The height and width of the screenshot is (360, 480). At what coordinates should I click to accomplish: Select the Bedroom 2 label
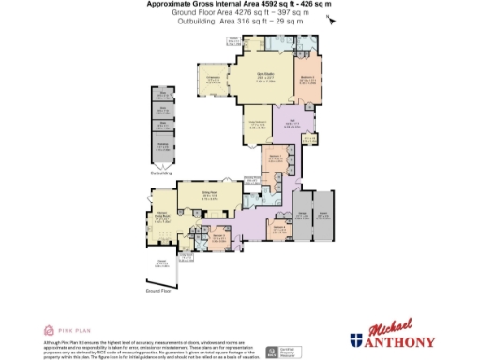click(x=307, y=81)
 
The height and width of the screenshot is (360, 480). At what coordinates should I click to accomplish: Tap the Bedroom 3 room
click(x=218, y=238)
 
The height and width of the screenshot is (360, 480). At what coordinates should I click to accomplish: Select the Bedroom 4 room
click(x=278, y=226)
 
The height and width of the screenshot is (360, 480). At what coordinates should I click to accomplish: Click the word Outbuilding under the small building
click(x=162, y=173)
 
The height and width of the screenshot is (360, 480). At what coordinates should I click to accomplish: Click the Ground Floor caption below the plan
click(x=159, y=292)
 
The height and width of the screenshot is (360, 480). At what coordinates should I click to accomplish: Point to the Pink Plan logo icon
click(x=50, y=330)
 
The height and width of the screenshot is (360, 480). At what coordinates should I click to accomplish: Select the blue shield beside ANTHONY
click(x=357, y=340)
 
